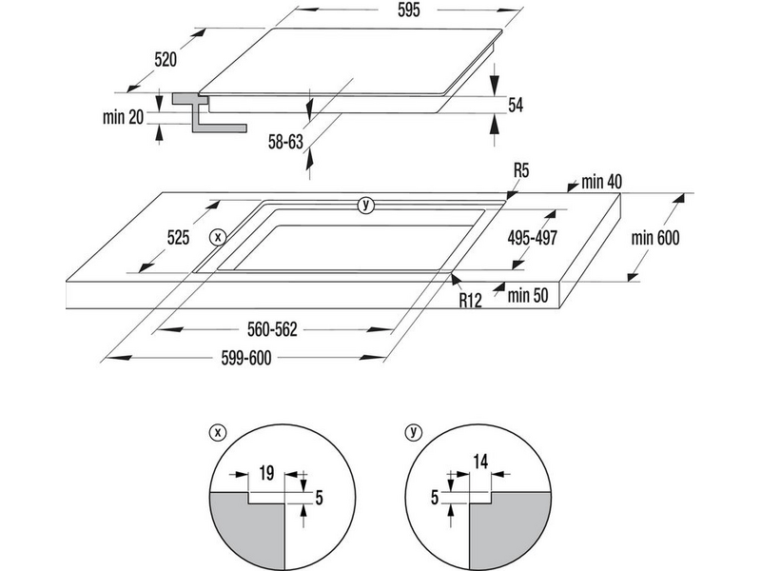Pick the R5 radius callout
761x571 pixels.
(x=520, y=171)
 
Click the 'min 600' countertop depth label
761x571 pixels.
(x=655, y=238)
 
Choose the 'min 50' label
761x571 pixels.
(x=530, y=295)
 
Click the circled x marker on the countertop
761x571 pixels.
(x=219, y=235)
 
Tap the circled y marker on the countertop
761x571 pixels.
(x=365, y=205)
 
